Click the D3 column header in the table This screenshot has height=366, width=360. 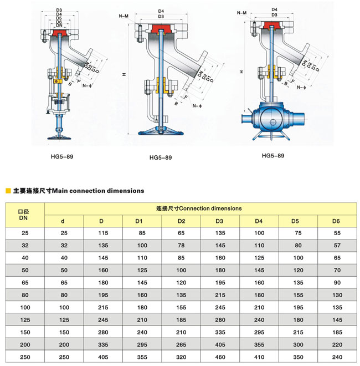pyautogui.click(x=219, y=222)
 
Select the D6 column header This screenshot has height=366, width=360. pyautogui.click(x=336, y=222)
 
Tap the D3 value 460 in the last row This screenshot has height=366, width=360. pyautogui.click(x=219, y=357)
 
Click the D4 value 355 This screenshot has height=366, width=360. pyautogui.click(x=259, y=344)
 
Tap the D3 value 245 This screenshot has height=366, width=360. pyautogui.click(x=219, y=308)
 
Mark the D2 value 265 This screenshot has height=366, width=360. pyautogui.click(x=181, y=344)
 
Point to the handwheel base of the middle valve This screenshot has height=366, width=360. pyautogui.click(x=161, y=131)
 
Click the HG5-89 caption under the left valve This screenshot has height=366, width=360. pyautogui.click(x=61, y=156)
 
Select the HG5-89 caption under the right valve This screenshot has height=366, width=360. pyautogui.click(x=273, y=156)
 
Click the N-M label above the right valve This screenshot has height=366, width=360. pyautogui.click(x=241, y=12)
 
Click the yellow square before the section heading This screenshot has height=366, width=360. pyautogui.click(x=8, y=191)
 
